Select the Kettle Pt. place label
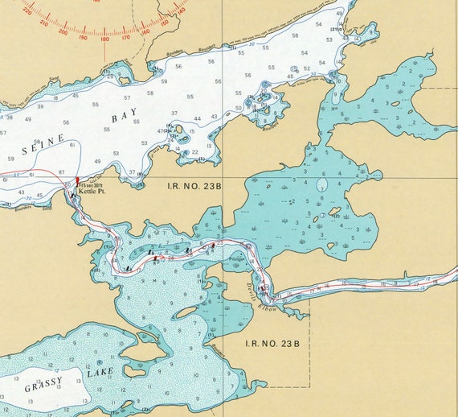tap(91, 192)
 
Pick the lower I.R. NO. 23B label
tap(274, 344)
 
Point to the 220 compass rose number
tap(28, 12)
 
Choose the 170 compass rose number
tap(125, 36)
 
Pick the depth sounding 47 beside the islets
tap(161, 130)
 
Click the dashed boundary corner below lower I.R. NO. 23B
tap(309, 386)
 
